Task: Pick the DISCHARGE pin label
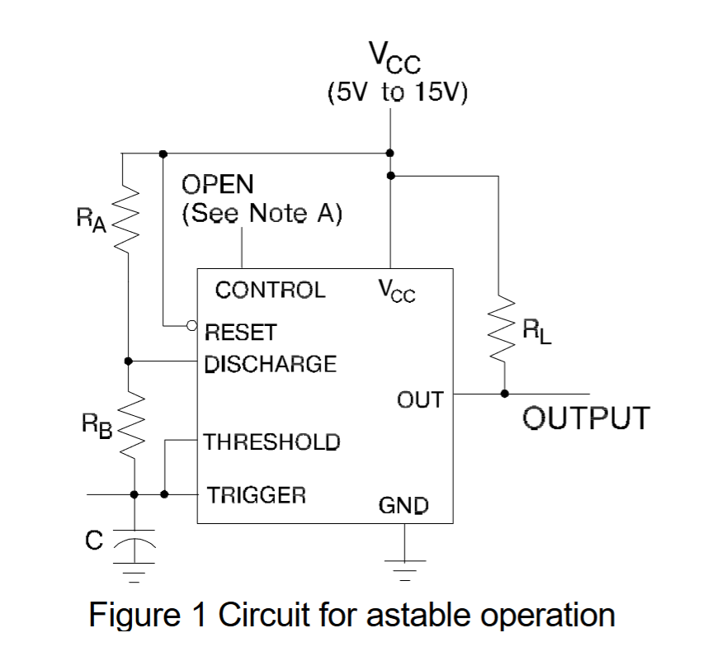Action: pos(270,363)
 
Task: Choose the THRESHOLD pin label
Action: pos(272,442)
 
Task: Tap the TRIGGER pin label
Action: pos(256,495)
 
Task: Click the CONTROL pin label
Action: pos(270,290)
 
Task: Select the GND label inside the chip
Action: pos(404,505)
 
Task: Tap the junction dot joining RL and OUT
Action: pos(503,394)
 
